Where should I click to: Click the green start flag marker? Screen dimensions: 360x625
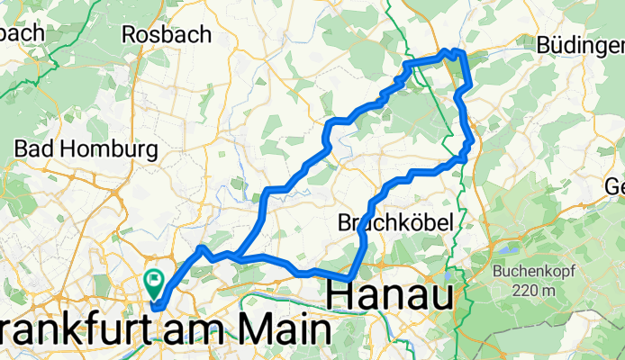pos(154,283)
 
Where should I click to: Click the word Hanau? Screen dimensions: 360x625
pos(390,293)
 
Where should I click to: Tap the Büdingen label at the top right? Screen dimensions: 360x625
pos(580,44)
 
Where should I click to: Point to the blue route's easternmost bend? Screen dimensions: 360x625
pos(471,139)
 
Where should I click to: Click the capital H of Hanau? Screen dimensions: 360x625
pos(340,293)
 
